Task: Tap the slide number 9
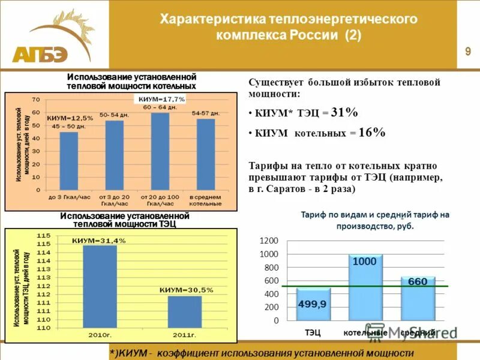point(467,52)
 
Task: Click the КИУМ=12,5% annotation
point(70,118)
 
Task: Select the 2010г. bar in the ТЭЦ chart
point(100,286)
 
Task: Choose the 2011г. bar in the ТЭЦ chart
point(184,311)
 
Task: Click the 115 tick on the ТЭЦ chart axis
point(44,235)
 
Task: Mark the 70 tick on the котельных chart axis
point(36,99)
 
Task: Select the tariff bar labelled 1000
point(365,287)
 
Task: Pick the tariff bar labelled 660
point(418,298)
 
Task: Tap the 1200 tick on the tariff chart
point(269,240)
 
